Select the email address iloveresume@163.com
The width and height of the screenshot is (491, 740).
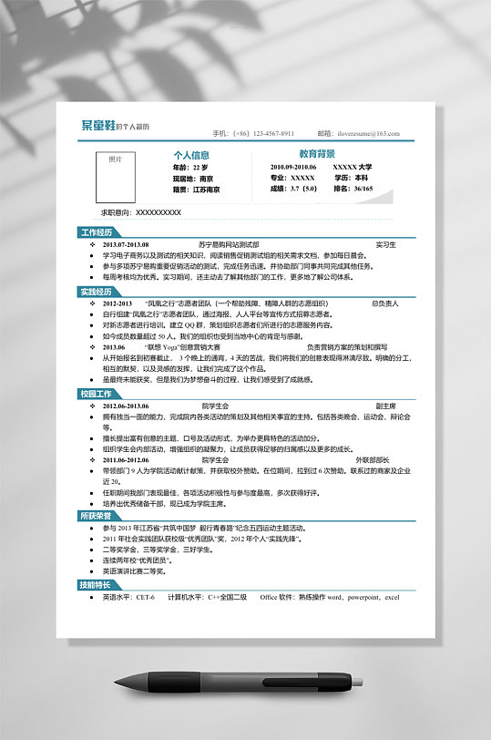[x=374, y=133]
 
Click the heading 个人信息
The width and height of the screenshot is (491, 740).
[x=192, y=155]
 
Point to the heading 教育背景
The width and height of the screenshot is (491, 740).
[x=317, y=155]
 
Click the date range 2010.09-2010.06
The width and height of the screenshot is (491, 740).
[x=293, y=168]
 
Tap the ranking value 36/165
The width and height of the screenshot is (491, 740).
[x=363, y=189]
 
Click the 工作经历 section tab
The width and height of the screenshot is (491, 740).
[x=97, y=232]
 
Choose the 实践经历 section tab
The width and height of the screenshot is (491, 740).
[x=97, y=292]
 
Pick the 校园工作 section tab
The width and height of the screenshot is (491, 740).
[x=97, y=394]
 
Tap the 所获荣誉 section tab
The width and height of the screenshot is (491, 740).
[x=97, y=516]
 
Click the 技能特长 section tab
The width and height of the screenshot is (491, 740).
[x=97, y=585]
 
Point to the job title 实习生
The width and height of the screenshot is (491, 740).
[x=385, y=244]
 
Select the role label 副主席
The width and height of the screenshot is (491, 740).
[x=385, y=406]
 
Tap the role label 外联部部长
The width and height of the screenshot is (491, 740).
[x=372, y=460]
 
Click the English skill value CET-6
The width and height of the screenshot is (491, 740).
[x=146, y=597]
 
